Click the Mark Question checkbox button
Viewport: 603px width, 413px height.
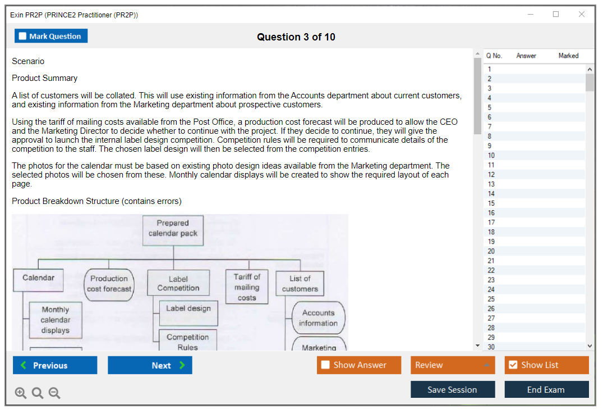pos(51,37)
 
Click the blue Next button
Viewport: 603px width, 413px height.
pos(150,365)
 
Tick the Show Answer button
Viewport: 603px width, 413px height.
pos(359,365)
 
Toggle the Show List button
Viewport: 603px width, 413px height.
pos(546,365)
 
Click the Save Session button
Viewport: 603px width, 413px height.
pos(453,389)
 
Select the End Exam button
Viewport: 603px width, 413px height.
pos(546,389)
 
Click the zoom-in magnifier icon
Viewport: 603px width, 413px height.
pos(21,393)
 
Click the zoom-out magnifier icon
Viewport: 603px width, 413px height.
pos(54,393)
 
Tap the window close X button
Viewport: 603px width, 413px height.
pos(582,15)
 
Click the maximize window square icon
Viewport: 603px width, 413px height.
pos(556,15)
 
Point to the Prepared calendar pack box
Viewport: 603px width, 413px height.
pos(173,229)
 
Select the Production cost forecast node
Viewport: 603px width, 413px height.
pos(109,284)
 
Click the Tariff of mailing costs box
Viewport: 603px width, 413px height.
pos(247,287)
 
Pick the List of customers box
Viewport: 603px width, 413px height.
pos(300,284)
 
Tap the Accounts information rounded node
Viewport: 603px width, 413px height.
pos(318,318)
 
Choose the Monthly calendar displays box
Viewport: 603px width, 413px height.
pos(55,320)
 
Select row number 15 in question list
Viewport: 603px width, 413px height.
pos(491,203)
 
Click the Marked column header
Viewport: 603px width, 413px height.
pos(568,56)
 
